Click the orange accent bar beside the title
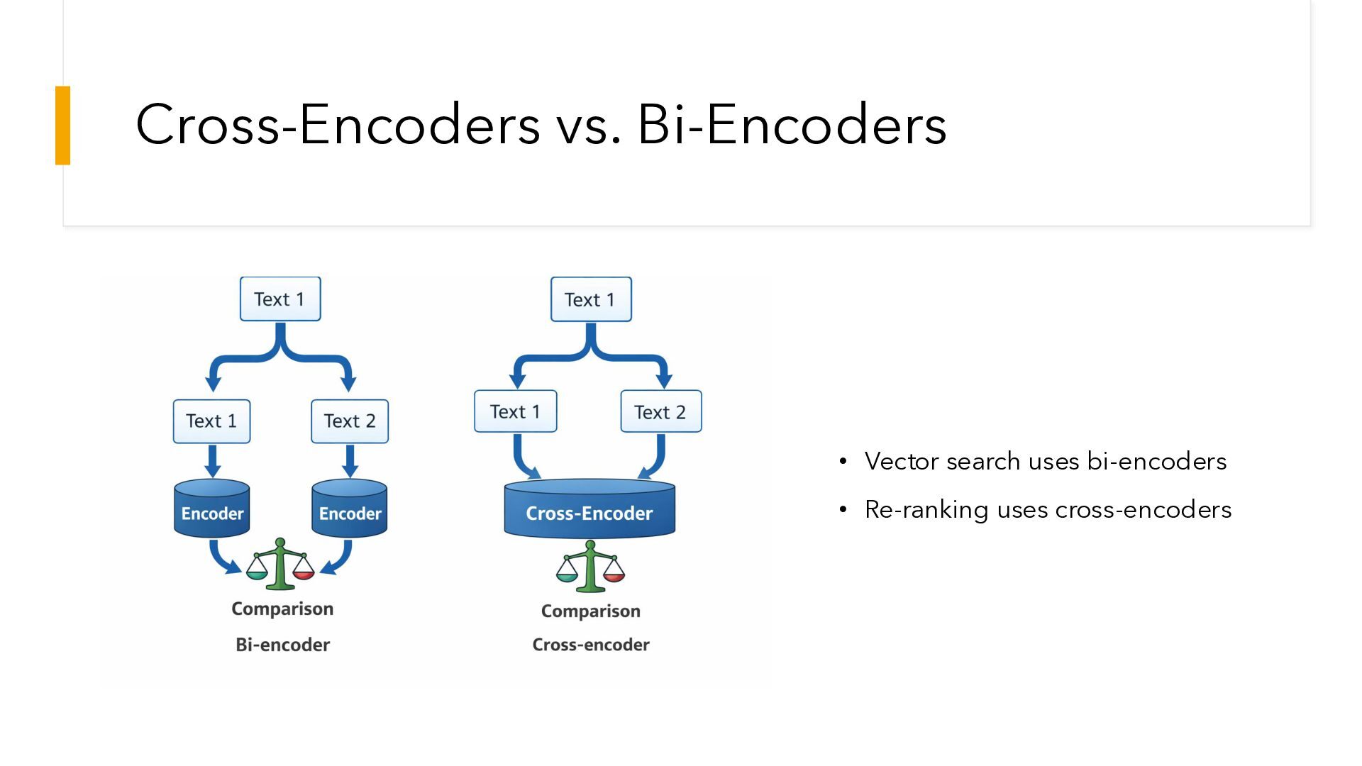(x=63, y=126)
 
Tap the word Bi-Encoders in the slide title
(x=792, y=125)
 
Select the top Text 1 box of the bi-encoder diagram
(x=280, y=299)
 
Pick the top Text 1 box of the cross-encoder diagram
(x=591, y=299)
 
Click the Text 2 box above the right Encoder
(x=350, y=421)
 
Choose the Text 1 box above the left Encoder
(x=211, y=421)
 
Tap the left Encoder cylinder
(x=212, y=509)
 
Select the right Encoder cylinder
(x=350, y=509)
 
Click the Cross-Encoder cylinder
(x=589, y=509)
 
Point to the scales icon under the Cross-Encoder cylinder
(x=590, y=567)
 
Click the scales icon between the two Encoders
(x=280, y=565)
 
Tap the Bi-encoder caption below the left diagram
(x=282, y=645)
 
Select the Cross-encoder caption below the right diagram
(x=591, y=645)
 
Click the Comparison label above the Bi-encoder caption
(x=282, y=609)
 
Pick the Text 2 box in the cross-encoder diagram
(x=660, y=411)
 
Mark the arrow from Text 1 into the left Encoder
(x=212, y=462)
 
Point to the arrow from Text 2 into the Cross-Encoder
(x=656, y=460)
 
